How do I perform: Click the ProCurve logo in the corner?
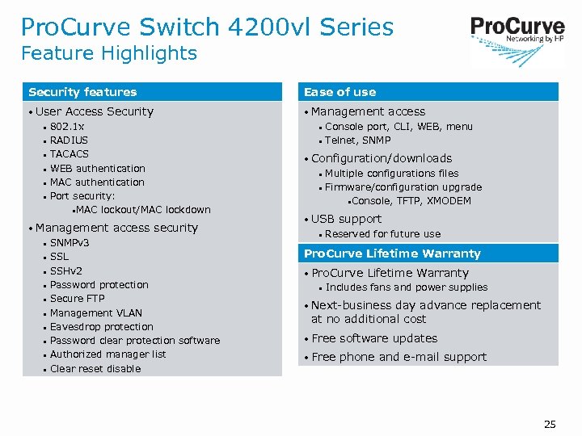pos(517,31)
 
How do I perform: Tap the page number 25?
pos(550,424)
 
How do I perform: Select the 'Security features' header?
pos(82,92)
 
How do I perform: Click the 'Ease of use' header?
pos(339,92)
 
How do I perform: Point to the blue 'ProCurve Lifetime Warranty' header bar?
pos(392,254)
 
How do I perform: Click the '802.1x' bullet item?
pos(67,127)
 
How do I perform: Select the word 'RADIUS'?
pos(69,140)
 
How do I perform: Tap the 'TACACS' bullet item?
pos(70,154)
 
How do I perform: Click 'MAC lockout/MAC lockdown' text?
pos(143,210)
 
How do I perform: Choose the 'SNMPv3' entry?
pos(70,243)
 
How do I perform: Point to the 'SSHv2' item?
pos(66,271)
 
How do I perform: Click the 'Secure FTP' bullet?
pos(77,299)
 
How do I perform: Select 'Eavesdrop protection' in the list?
pos(101,327)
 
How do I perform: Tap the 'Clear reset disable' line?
pos(95,369)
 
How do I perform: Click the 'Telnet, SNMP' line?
pos(357,140)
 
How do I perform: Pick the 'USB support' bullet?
pos(346,219)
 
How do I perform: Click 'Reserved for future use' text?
pos(382,234)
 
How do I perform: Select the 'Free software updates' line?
pos(374,338)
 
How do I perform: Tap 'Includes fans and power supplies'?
pos(407,287)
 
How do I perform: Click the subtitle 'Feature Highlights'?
pos(109,53)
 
